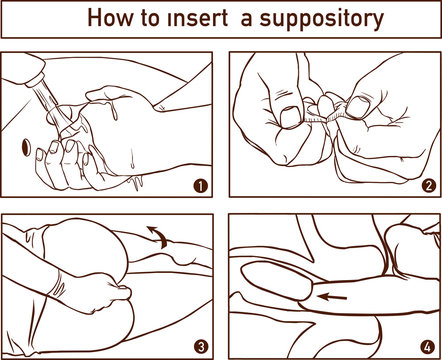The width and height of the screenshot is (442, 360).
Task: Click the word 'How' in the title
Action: click(x=107, y=18)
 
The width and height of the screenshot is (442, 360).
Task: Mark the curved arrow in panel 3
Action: click(x=158, y=236)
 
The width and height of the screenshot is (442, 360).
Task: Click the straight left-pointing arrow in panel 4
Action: click(x=325, y=297)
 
